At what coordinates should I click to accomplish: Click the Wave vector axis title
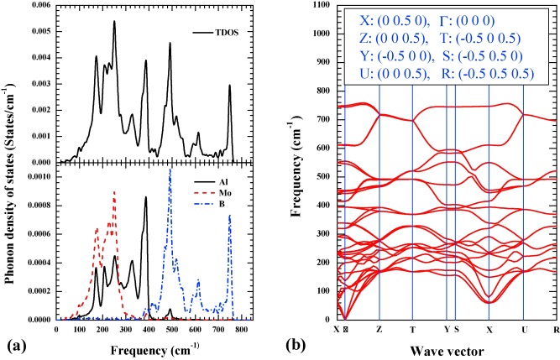[x=446, y=347]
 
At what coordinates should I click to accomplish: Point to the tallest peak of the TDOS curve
[x=114, y=22]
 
